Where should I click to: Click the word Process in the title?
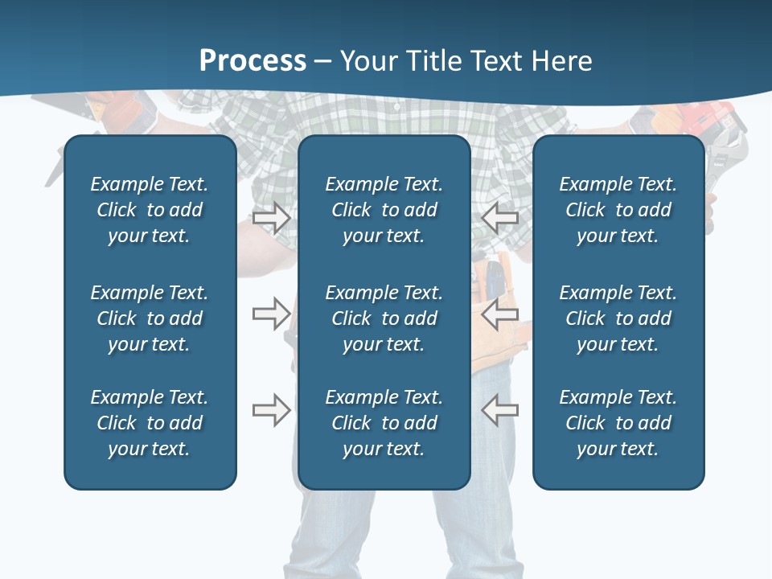[253, 61]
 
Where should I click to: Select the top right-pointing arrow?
[271, 218]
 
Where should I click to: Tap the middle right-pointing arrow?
[271, 314]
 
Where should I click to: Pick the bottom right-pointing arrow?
[271, 410]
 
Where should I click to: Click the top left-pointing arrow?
[499, 218]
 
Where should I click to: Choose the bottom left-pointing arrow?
[499, 410]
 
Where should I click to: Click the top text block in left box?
[150, 210]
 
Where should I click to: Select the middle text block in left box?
[150, 318]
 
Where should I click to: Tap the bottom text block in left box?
[150, 423]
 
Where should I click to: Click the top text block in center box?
[384, 210]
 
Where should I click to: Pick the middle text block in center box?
[384, 318]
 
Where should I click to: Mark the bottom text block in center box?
[384, 423]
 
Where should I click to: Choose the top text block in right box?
[618, 210]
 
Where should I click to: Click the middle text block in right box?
[618, 318]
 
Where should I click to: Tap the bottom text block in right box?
[618, 423]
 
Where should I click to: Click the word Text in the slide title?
[496, 61]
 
